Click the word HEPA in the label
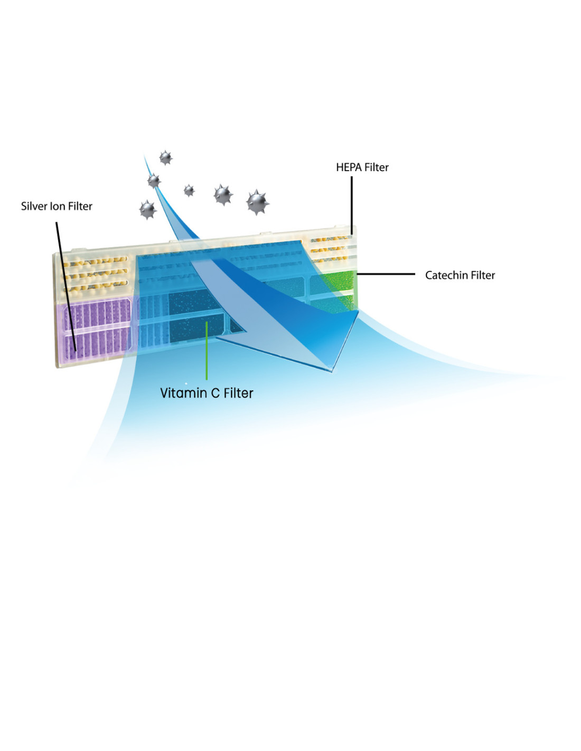pos(346,167)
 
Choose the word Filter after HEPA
pos(374,167)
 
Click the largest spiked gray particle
pos(257,202)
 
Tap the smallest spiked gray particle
pos(189,191)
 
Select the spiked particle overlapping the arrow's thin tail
pos(154,181)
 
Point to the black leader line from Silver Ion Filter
pos(66,286)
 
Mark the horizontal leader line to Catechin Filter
pos(386,274)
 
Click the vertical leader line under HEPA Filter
pos(352,206)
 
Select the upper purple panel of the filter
pos(97,313)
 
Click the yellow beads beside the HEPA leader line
pos(331,249)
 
